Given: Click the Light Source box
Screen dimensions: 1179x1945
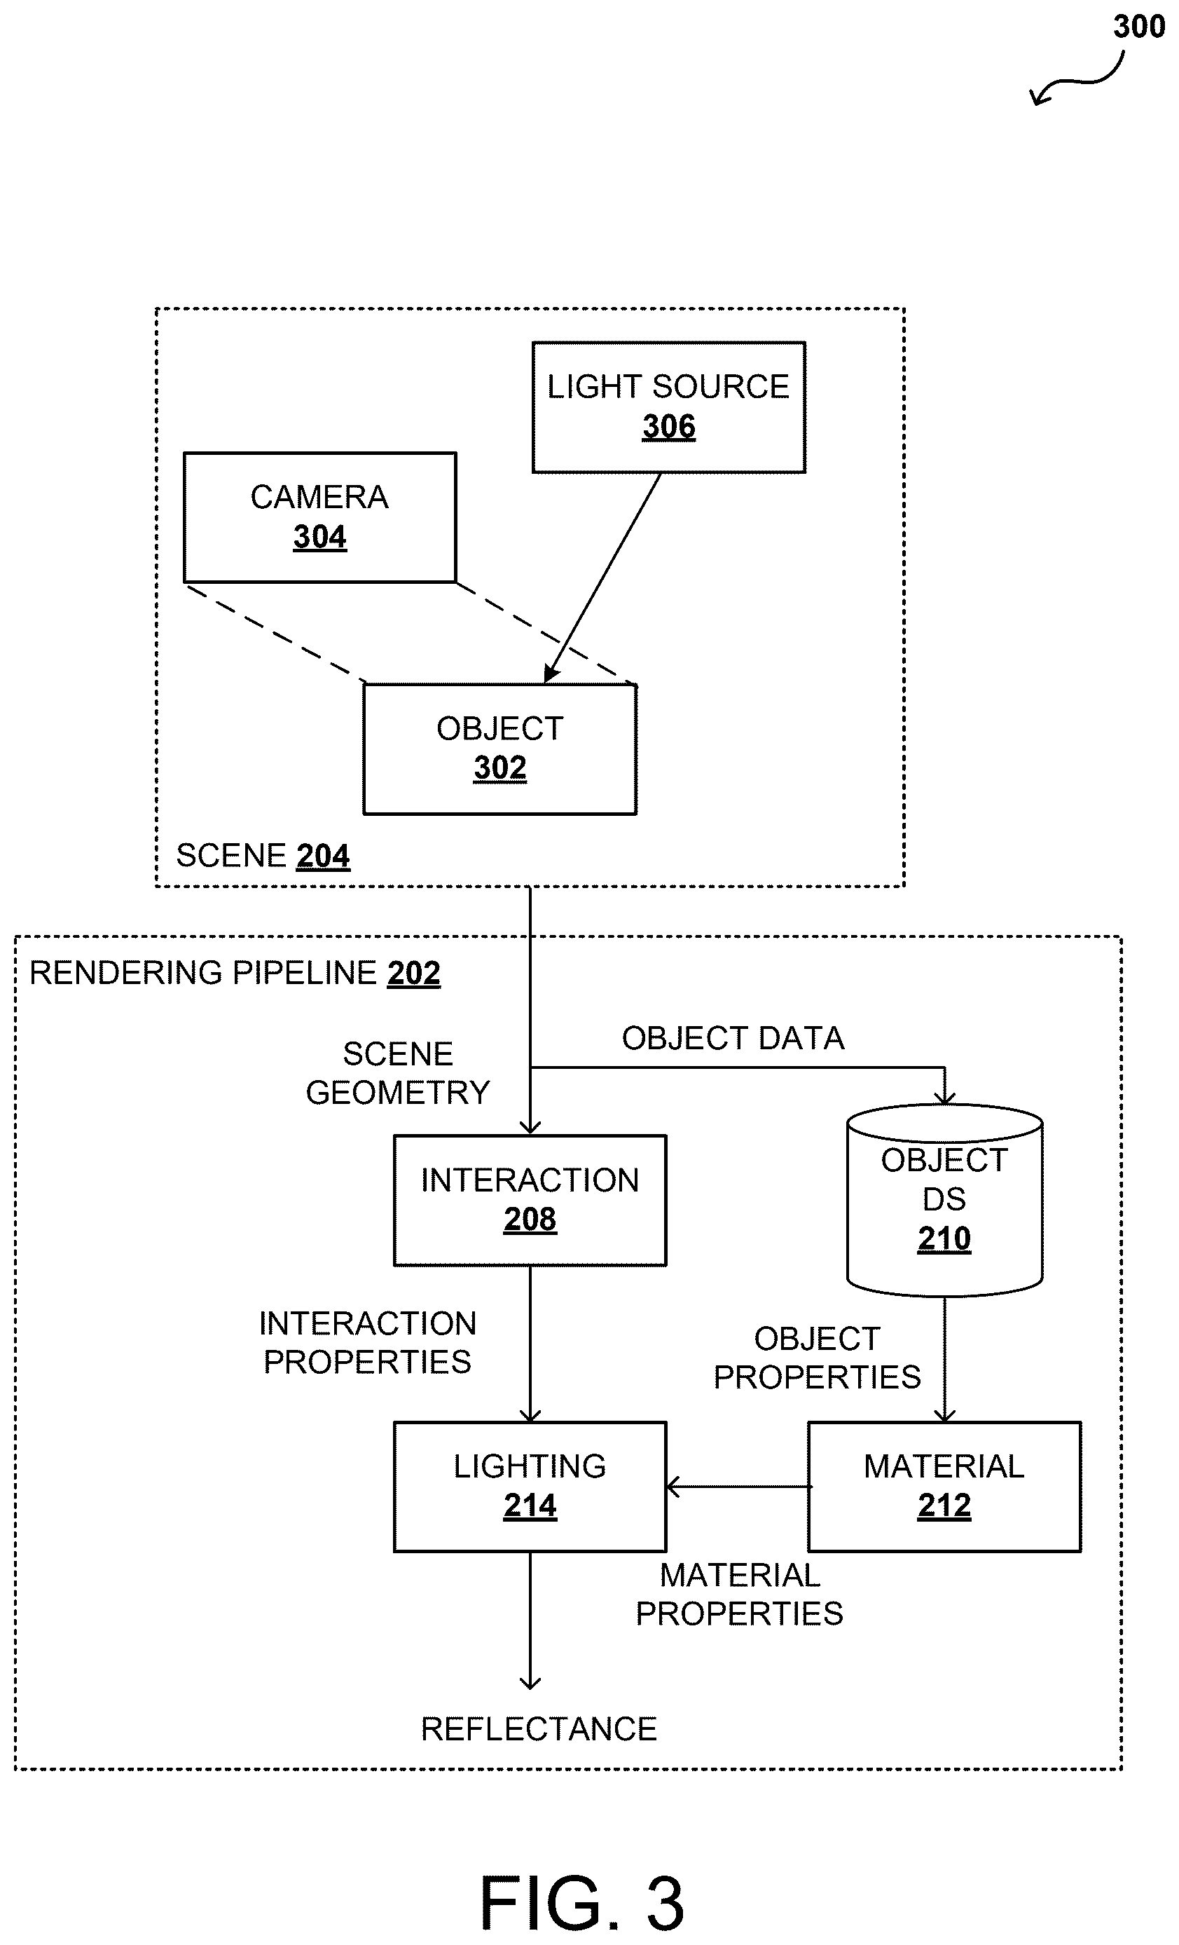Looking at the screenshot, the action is click(668, 407).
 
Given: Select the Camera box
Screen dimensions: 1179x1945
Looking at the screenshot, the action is click(319, 517).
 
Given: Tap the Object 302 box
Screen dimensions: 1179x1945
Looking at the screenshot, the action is click(499, 749).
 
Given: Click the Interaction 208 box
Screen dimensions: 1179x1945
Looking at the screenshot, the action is click(530, 1200).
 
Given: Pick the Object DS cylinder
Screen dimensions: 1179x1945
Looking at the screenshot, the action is click(944, 1200).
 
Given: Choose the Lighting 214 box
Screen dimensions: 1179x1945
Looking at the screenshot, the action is click(530, 1487).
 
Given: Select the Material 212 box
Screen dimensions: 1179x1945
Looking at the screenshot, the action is click(944, 1487).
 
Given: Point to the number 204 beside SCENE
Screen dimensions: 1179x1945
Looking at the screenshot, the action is click(323, 856).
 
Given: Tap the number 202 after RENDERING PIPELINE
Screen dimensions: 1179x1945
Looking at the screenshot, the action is click(413, 973).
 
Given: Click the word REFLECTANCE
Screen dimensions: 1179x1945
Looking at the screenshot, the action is click(539, 1728).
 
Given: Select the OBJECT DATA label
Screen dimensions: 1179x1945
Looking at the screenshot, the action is click(733, 1038).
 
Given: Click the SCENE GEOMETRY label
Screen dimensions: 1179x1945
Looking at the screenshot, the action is click(398, 1073).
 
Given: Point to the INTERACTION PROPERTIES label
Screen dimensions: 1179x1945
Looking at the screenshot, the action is click(368, 1343).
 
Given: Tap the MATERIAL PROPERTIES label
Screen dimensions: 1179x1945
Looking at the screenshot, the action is click(740, 1595).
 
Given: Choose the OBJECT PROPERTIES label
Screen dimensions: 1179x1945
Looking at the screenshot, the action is click(818, 1358).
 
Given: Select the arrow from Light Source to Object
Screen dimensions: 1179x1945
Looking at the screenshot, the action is click(603, 578).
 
